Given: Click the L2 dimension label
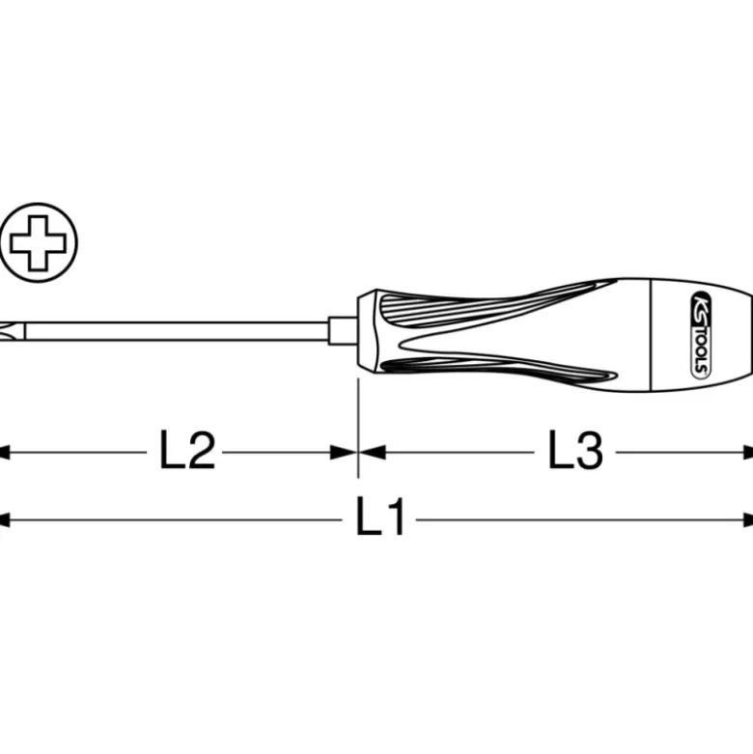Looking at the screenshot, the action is (187, 451).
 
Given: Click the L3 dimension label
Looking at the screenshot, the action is (575, 451).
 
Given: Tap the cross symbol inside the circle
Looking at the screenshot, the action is (38, 242).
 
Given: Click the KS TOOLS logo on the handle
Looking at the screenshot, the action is (702, 335).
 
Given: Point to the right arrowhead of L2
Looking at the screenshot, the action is (344, 452).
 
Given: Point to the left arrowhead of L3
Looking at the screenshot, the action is (373, 452).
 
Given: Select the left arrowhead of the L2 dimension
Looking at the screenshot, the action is (4, 453).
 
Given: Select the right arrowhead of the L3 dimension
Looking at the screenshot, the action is (748, 453).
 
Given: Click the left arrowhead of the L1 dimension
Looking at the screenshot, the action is (4, 519).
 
